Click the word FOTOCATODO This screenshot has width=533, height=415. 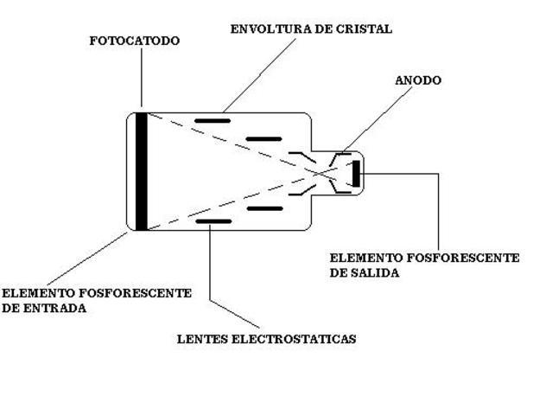point(135,41)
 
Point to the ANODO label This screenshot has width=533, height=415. point(418,80)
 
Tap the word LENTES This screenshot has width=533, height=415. point(202,339)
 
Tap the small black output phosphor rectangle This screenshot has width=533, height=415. point(355,173)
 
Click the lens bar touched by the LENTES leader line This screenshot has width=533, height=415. point(213,221)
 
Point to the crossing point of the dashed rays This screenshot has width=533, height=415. point(317,172)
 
